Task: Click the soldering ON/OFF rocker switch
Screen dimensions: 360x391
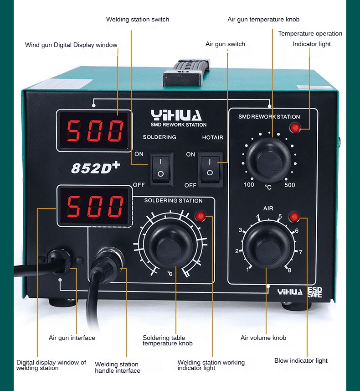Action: tap(161, 169)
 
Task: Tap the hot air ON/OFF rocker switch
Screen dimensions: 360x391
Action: tap(210, 170)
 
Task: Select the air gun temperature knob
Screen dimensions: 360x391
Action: tap(268, 160)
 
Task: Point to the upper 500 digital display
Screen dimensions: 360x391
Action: tap(94, 130)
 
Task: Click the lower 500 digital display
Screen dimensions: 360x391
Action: tap(95, 206)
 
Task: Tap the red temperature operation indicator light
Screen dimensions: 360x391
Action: tap(295, 128)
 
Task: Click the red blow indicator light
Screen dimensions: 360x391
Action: tap(294, 217)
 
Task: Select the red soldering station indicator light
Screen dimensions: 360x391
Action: tap(201, 216)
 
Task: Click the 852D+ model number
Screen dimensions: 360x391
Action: tap(95, 167)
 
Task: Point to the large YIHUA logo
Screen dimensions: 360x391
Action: tap(176, 115)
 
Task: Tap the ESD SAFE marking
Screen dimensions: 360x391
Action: tap(315, 292)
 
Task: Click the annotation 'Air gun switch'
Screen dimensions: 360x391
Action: tap(225, 44)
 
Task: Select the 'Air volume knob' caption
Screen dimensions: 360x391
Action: tap(263, 338)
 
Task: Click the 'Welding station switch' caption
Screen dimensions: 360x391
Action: tap(138, 20)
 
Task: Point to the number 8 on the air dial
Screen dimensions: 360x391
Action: tap(289, 270)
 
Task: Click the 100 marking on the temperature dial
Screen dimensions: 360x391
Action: tap(249, 185)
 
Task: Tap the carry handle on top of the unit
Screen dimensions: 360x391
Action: tap(186, 73)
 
